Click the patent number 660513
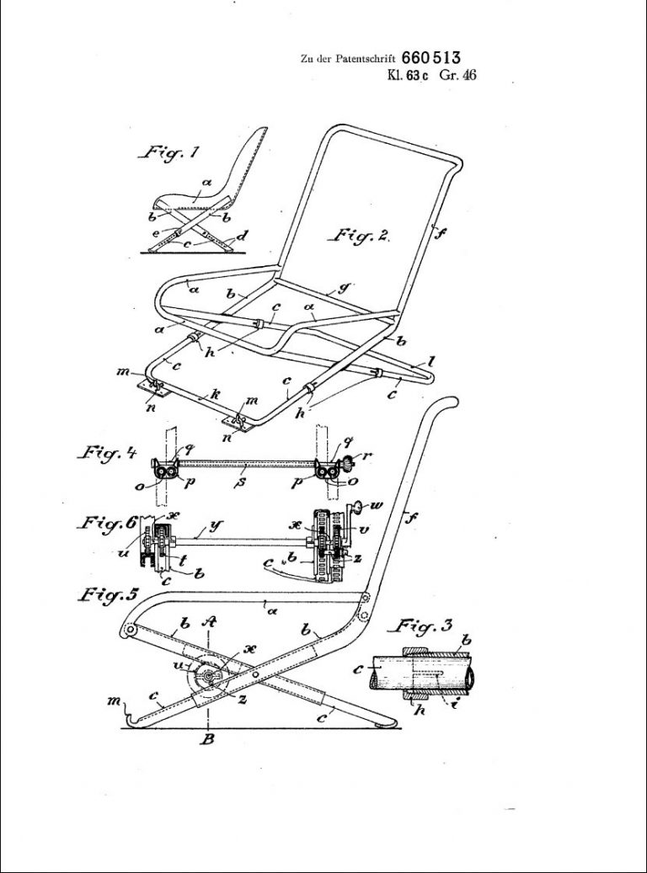pyautogui.click(x=430, y=57)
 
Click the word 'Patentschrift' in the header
pyautogui.click(x=367, y=59)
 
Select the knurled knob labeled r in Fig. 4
pyautogui.click(x=360, y=462)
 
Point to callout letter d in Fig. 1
pyautogui.click(x=242, y=236)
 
